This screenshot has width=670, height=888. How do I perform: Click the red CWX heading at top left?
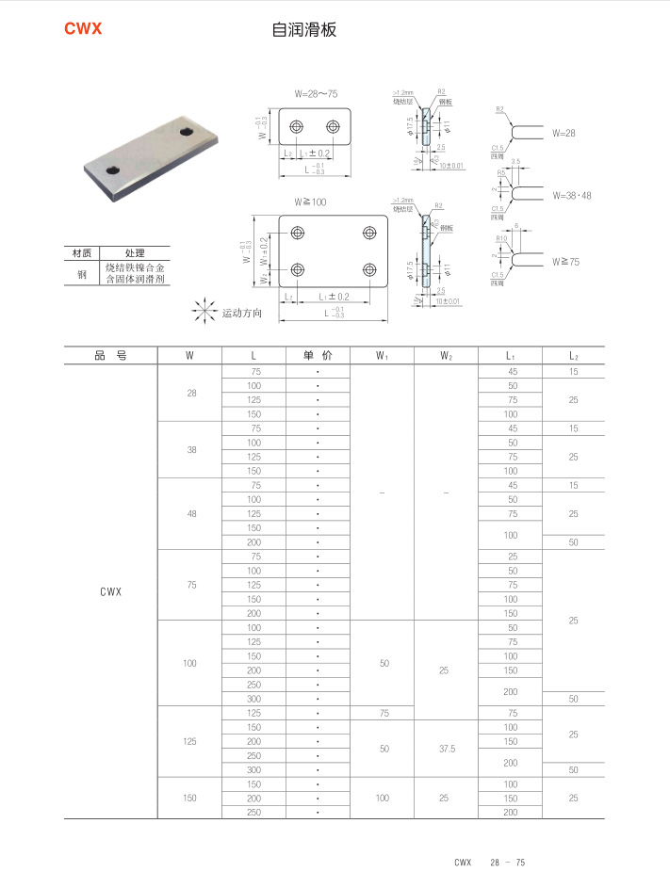click(83, 29)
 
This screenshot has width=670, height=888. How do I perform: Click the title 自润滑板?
click(303, 30)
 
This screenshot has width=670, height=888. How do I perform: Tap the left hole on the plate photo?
click(113, 170)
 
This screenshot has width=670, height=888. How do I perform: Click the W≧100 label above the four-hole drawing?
click(310, 202)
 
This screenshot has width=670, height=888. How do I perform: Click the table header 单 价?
click(318, 356)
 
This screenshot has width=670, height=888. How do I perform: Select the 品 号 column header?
click(110, 356)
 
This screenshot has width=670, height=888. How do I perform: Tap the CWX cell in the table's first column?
click(110, 592)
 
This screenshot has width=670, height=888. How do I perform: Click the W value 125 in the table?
click(190, 741)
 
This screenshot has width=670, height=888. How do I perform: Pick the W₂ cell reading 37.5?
click(446, 749)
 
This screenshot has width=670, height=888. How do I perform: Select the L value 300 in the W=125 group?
click(254, 770)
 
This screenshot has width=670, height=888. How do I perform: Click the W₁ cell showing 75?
click(383, 713)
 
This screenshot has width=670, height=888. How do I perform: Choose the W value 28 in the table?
click(191, 393)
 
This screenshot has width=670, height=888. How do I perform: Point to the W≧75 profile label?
click(566, 261)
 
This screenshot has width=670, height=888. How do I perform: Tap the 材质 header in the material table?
click(81, 253)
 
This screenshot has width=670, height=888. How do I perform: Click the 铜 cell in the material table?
click(81, 274)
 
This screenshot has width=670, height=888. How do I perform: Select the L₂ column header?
click(573, 356)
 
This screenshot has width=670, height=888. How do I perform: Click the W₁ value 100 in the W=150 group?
click(382, 798)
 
